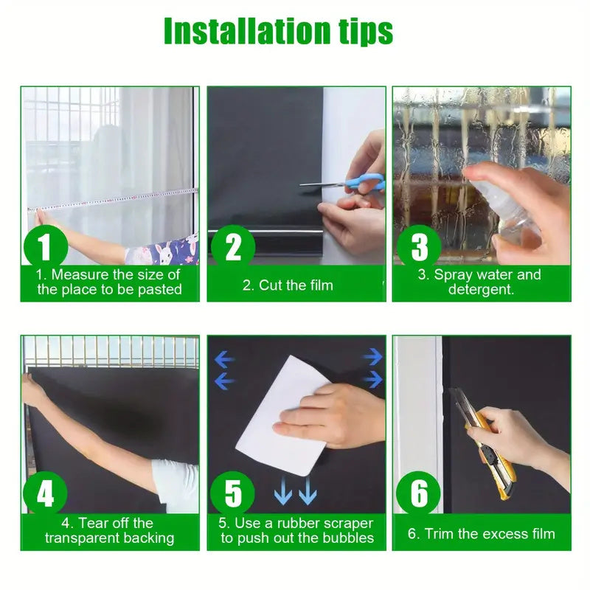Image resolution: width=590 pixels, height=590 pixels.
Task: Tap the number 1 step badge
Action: coord(45,247)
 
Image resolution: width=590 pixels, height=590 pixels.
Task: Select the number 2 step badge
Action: coord(233,247)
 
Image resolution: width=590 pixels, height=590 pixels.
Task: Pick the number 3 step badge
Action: coord(419,247)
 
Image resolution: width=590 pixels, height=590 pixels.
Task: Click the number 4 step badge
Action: coord(45,494)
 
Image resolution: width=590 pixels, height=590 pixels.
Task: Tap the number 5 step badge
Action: coord(233,494)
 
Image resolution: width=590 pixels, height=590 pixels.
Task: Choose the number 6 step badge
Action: coord(419,494)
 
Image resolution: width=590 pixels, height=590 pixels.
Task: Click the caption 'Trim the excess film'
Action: coord(482,533)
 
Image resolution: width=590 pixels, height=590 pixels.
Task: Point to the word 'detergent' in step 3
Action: coord(482,290)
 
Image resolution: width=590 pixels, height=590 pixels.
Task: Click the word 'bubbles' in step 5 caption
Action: coord(347,538)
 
